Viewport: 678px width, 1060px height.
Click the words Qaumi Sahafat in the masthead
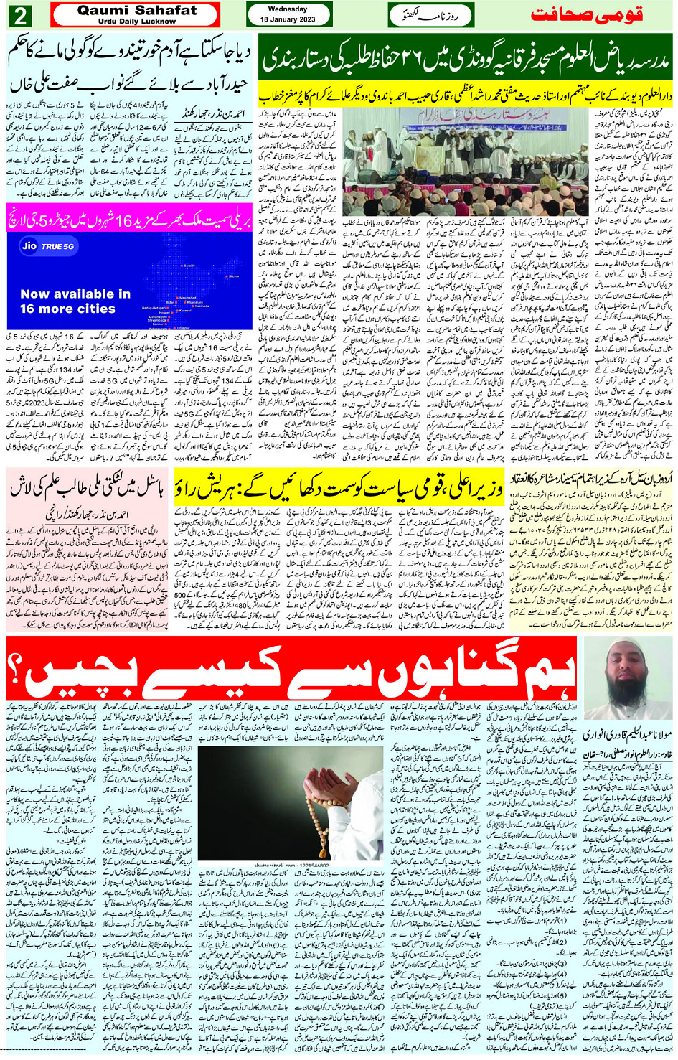point(136,10)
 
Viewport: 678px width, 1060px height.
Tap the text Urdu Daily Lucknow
point(136,22)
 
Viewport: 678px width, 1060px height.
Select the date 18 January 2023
point(288,19)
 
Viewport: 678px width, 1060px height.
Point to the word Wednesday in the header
point(288,9)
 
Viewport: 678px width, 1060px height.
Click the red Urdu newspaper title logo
point(586,15)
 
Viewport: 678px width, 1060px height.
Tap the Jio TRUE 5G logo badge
point(49,246)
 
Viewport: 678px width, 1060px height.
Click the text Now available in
point(75,294)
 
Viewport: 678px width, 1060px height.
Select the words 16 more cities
point(67,309)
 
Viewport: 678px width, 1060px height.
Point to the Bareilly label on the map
point(189,266)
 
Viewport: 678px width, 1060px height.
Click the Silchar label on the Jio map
point(233,276)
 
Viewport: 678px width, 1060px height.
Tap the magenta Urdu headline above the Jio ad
point(129,220)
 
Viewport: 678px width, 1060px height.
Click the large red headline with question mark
point(291,669)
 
